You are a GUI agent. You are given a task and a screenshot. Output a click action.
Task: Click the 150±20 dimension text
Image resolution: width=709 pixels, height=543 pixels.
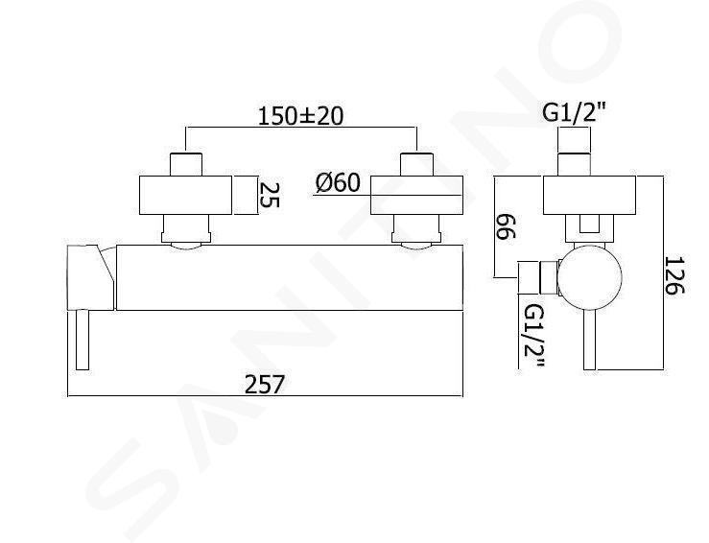[x=300, y=116]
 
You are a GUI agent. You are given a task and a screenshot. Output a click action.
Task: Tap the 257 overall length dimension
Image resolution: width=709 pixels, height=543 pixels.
[x=265, y=385]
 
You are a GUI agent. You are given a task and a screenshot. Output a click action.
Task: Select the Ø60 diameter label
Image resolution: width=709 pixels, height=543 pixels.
[x=339, y=183]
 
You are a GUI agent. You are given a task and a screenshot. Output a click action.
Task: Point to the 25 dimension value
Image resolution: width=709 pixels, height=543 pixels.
[x=269, y=195]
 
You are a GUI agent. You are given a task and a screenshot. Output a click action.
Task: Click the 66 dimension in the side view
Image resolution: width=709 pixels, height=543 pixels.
[x=505, y=227]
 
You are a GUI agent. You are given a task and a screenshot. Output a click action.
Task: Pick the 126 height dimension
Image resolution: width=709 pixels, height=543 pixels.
[x=674, y=275]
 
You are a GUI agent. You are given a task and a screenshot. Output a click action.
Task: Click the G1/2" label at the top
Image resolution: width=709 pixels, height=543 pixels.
[x=574, y=113]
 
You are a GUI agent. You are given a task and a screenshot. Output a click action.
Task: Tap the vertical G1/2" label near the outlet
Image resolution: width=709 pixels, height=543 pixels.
[x=533, y=338]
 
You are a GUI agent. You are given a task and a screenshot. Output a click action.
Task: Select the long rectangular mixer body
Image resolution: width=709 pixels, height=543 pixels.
[x=290, y=277]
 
